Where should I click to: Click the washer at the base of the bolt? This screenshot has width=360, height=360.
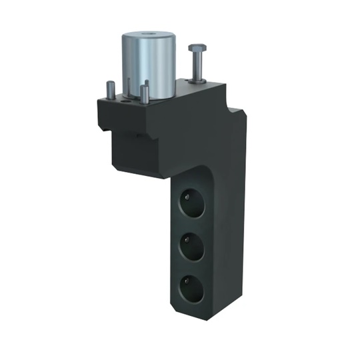[x=196, y=81]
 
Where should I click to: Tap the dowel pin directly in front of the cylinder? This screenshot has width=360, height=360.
[x=144, y=93]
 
